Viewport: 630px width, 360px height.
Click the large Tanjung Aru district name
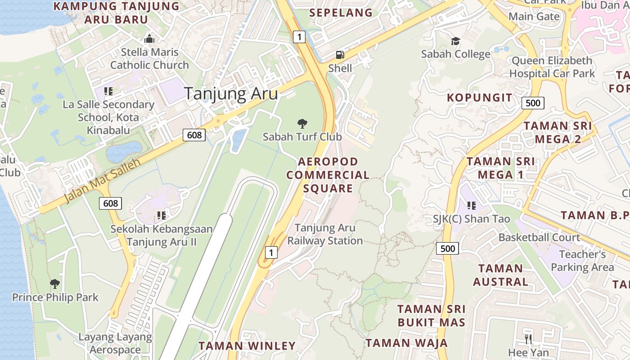pyautogui.click(x=231, y=94)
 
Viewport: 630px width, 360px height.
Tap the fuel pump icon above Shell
pyautogui.click(x=340, y=55)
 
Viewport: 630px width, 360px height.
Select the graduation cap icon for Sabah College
pyautogui.click(x=455, y=41)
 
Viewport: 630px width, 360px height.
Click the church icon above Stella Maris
pyautogui.click(x=149, y=39)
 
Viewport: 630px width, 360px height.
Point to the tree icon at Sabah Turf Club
pyautogui.click(x=302, y=123)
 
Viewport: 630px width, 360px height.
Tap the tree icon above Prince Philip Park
pyautogui.click(x=55, y=284)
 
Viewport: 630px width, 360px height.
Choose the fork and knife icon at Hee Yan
pyautogui.click(x=528, y=339)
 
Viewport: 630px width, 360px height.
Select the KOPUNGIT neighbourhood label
pyautogui.click(x=479, y=98)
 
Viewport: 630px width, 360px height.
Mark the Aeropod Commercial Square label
pyautogui.click(x=328, y=175)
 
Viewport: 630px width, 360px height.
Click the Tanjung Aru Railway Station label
pyautogui.click(x=325, y=234)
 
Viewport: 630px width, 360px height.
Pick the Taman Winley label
pyautogui.click(x=247, y=346)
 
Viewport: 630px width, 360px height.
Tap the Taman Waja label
pyautogui.click(x=406, y=343)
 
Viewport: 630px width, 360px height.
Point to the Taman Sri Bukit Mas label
pyautogui.click(x=431, y=315)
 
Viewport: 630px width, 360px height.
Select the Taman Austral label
pyautogui.click(x=500, y=275)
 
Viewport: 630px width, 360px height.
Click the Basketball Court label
pyautogui.click(x=539, y=237)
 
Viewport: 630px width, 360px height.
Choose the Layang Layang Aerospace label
pyautogui.click(x=115, y=343)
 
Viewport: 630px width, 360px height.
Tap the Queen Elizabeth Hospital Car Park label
pyautogui.click(x=552, y=67)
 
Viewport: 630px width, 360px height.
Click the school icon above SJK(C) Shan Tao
pyautogui.click(x=471, y=206)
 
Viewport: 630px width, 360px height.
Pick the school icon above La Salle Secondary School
pyautogui.click(x=108, y=91)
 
